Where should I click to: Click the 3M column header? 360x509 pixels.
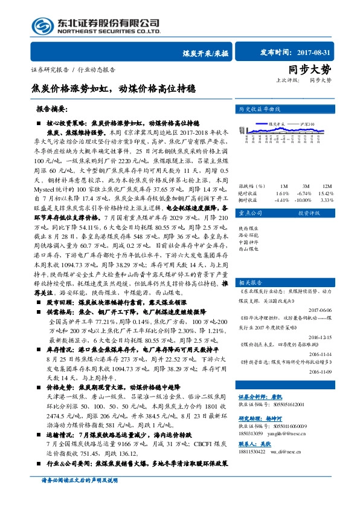[x=306, y=186]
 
